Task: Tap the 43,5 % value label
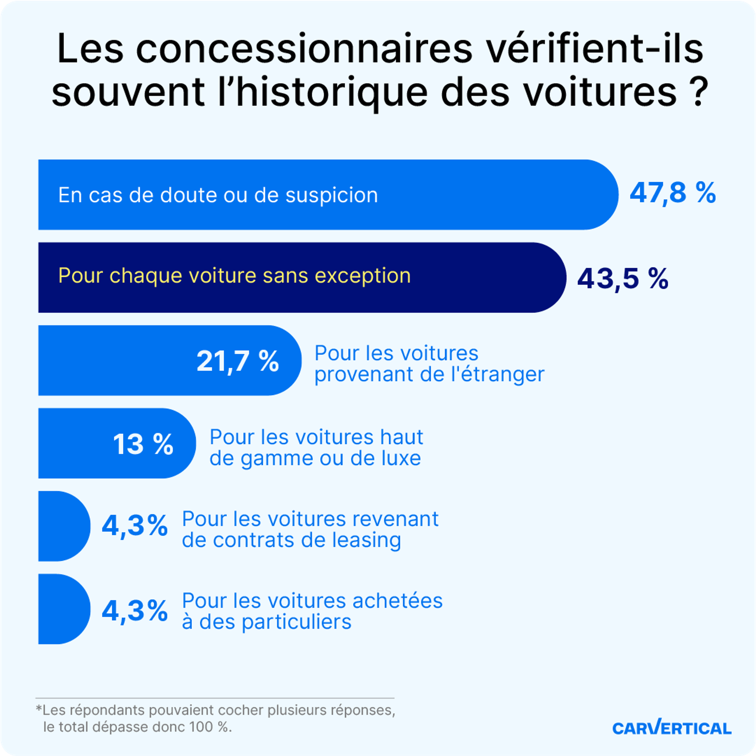[x=623, y=279]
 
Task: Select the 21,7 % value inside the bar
[x=237, y=361]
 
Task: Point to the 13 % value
[x=143, y=444]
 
